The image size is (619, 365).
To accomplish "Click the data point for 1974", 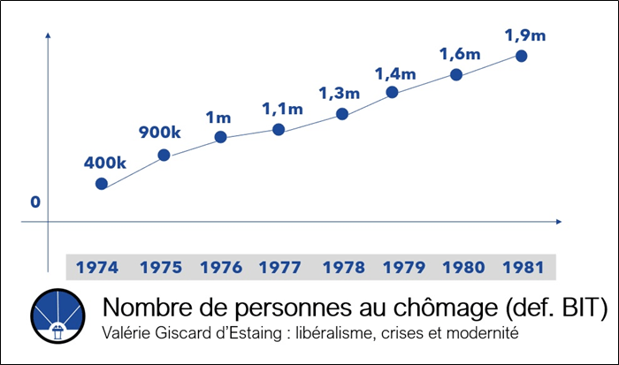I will pos(102,184).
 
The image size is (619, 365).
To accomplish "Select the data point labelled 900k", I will pos(164,156).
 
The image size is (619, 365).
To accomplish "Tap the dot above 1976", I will pos(221,137).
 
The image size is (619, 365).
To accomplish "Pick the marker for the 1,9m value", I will pos(521,57).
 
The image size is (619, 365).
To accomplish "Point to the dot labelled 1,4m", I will pos(392,92).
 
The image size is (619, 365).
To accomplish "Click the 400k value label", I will pos(106,163).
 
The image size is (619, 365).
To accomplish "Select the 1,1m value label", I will pos(282,110).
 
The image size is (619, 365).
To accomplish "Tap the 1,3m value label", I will pos(340,94).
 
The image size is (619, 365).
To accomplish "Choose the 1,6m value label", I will pos(460,54).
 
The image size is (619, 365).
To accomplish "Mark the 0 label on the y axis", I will pos(35,202).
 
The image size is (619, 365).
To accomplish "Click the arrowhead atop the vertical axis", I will pos(48,36).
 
